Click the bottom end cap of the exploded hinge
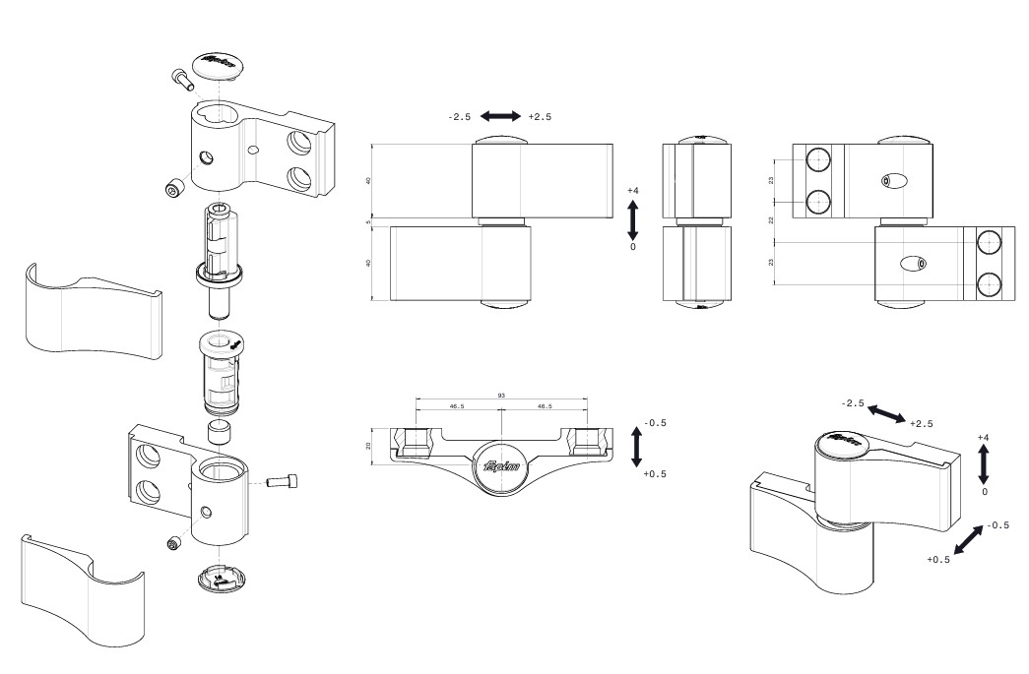tap(222, 577)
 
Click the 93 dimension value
tap(502, 396)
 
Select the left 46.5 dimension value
tap(458, 405)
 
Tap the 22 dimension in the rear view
tap(772, 221)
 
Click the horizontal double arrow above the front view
tap(501, 117)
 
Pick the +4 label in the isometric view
tap(984, 437)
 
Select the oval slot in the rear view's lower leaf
tap(914, 263)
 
